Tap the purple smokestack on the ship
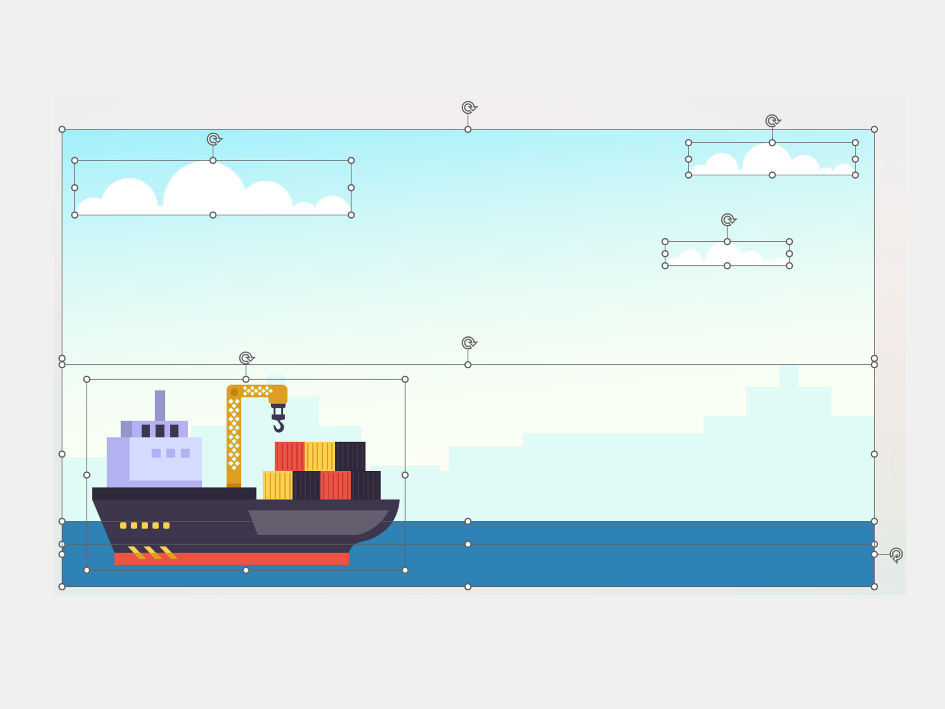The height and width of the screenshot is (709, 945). pos(160,405)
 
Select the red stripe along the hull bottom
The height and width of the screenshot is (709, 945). pos(231,558)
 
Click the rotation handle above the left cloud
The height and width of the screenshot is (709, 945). pos(214,139)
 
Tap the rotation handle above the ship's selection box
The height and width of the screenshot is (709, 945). pos(246,358)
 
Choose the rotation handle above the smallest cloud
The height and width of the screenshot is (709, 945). pos(728,220)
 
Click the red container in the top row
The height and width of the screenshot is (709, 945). pos(289,456)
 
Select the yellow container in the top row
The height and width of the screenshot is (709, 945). pos(320,456)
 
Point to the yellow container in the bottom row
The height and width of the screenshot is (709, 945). pos(277,485)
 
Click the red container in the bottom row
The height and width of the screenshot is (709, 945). pos(336,485)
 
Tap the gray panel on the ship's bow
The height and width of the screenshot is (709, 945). pos(315,522)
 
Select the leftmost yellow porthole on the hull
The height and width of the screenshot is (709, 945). pos(123,525)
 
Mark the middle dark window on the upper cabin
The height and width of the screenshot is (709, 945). pos(160,431)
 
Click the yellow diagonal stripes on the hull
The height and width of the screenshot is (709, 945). pos(153,552)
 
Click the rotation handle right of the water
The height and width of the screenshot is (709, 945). pos(896,555)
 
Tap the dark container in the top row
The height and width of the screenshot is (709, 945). pos(350,456)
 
